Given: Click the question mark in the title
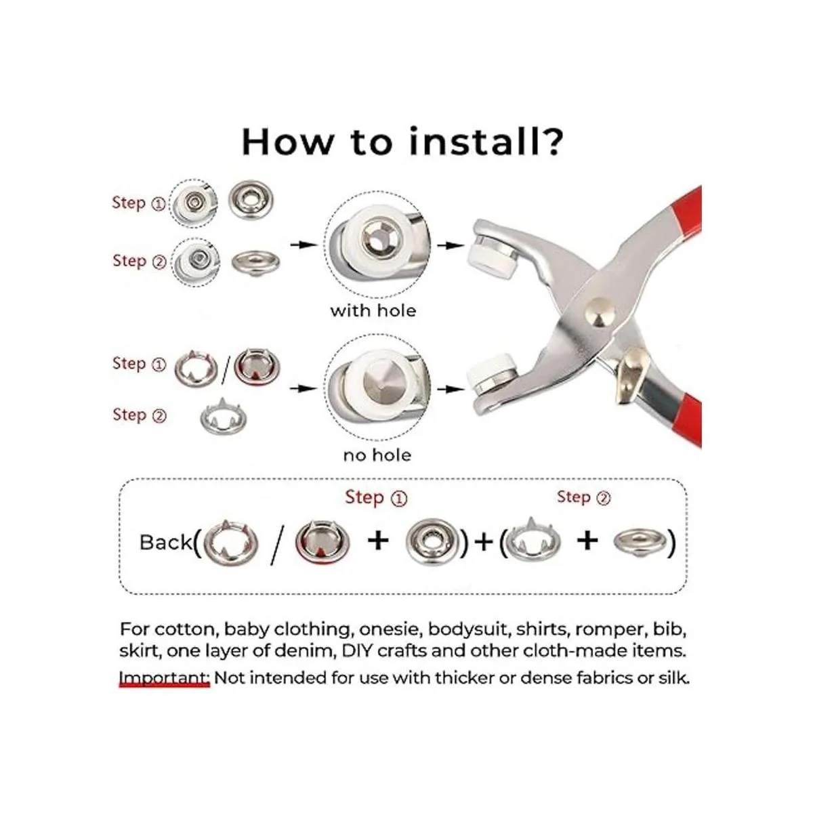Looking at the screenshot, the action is click(551, 142).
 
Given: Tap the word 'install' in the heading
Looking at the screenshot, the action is click(473, 142).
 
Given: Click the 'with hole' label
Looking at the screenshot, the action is click(373, 311).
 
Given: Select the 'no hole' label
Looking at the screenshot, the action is click(377, 455).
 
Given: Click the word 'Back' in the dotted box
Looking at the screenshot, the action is click(165, 542).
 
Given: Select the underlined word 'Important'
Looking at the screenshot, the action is click(164, 678).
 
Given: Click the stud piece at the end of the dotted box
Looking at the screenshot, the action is click(640, 542).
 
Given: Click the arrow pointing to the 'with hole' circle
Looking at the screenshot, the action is click(304, 245).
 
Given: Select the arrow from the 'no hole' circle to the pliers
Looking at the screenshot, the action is click(451, 389).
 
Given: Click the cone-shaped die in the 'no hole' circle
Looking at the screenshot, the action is click(377, 388).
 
